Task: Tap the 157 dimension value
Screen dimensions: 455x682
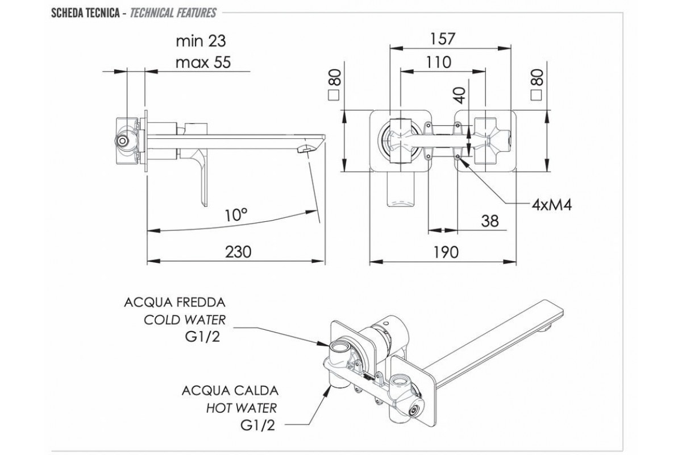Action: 443,38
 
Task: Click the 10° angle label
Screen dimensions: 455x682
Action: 236,214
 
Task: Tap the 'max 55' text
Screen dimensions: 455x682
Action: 203,62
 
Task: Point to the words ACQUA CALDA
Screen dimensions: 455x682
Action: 230,391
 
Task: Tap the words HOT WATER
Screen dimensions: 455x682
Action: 243,408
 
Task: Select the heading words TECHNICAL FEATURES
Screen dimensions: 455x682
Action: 172,12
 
